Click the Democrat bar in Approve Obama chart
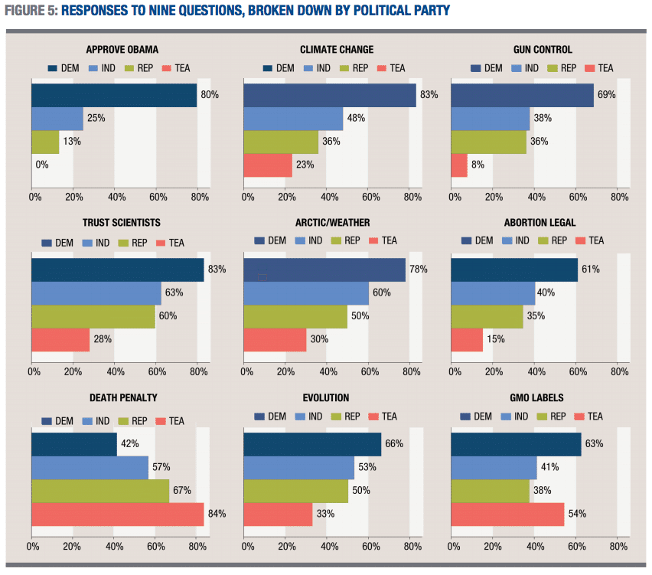114,95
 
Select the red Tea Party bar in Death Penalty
117,514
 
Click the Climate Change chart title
337,50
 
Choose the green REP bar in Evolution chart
295,491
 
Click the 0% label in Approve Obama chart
42,165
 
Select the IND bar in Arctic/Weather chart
306,293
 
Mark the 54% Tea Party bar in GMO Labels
507,514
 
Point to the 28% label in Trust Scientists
103,339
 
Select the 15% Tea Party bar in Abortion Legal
467,339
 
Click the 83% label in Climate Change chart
429,95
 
